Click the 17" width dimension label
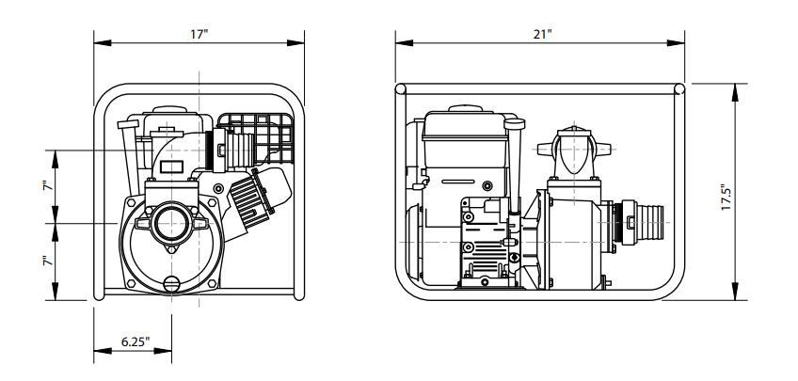[199, 34]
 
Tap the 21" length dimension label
[543, 34]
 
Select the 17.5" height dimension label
[726, 198]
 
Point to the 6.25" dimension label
[136, 341]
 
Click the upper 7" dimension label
[48, 185]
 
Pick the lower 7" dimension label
[48, 261]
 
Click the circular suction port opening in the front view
[171, 223]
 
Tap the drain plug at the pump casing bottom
[172, 284]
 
